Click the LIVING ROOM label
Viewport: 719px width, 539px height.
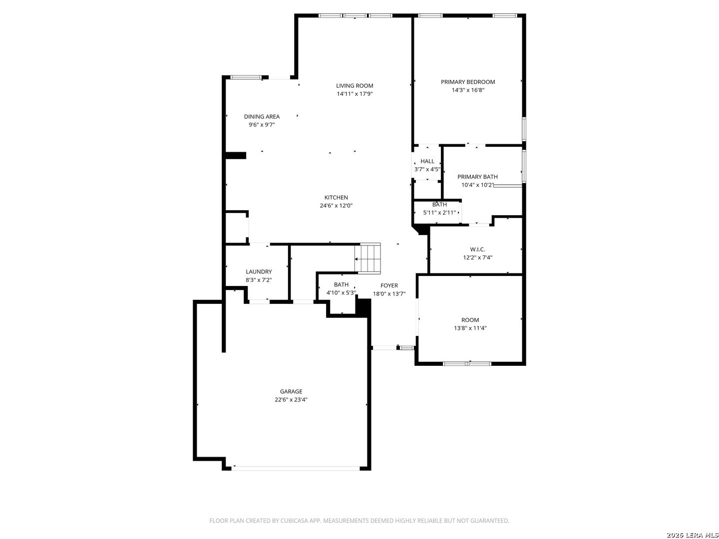click(355, 86)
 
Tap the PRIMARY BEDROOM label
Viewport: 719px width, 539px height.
click(467, 82)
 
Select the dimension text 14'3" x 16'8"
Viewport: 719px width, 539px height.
click(468, 90)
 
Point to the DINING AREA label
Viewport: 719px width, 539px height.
click(262, 116)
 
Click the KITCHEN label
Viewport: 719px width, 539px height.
click(336, 197)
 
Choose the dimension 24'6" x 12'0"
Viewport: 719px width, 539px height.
click(336, 206)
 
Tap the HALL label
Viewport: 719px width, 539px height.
click(427, 161)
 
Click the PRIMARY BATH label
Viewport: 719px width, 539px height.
click(477, 177)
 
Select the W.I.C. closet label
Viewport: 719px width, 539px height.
click(477, 250)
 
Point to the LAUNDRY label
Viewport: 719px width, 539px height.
click(259, 271)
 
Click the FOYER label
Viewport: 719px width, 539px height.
click(389, 285)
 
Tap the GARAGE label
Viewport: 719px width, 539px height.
click(291, 391)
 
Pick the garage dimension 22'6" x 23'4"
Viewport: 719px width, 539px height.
click(291, 400)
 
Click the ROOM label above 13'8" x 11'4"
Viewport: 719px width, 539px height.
click(470, 320)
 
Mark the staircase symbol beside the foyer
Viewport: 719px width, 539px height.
click(367, 258)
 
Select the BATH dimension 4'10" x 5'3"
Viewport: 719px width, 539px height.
click(341, 292)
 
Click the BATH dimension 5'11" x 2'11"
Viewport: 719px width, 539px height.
click(439, 213)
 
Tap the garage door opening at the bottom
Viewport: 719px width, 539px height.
click(296, 468)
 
